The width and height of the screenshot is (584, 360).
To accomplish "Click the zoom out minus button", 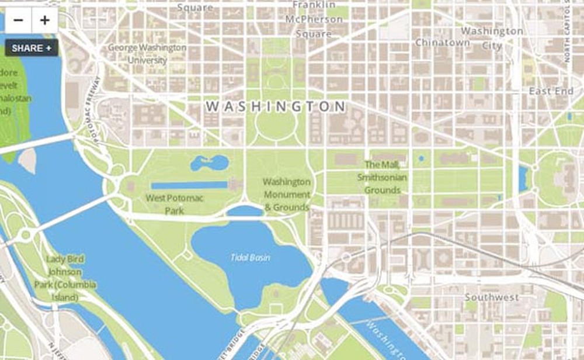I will click(18, 20).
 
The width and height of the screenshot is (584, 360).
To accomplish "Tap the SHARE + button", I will click(32, 48).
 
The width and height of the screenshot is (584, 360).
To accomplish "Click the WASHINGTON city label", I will click(276, 106).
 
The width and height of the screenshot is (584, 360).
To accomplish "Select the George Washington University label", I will click(147, 54).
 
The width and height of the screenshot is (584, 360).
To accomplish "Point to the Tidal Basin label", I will click(251, 257).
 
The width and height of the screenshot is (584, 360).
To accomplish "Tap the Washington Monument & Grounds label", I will click(286, 195).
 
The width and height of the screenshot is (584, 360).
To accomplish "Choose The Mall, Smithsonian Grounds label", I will click(383, 177).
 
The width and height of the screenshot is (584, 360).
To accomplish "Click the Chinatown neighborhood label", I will click(442, 43).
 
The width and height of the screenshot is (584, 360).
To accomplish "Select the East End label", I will click(551, 91).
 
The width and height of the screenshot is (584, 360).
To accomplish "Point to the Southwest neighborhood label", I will click(491, 297).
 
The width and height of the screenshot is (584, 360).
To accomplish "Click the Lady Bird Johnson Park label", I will click(65, 278).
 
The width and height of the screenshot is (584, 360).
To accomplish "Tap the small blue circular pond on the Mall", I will click(421, 158).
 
